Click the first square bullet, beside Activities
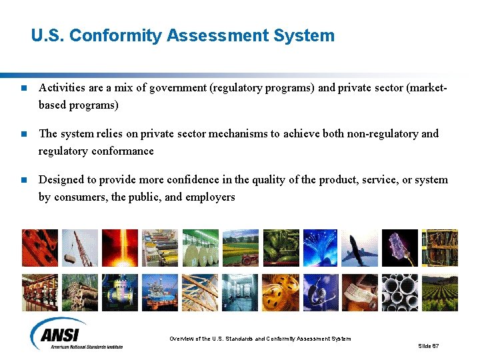[x=24, y=88]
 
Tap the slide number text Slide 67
[x=428, y=346]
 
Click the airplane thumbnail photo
[x=360, y=248]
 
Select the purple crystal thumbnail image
[x=400, y=248]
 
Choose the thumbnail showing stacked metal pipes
[x=400, y=292]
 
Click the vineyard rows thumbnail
[x=440, y=292]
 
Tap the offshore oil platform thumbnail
[x=160, y=292]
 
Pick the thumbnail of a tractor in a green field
[x=240, y=248]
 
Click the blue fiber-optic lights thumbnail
[x=320, y=248]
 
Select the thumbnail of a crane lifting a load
[x=80, y=248]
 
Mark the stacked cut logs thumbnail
[x=80, y=292]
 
